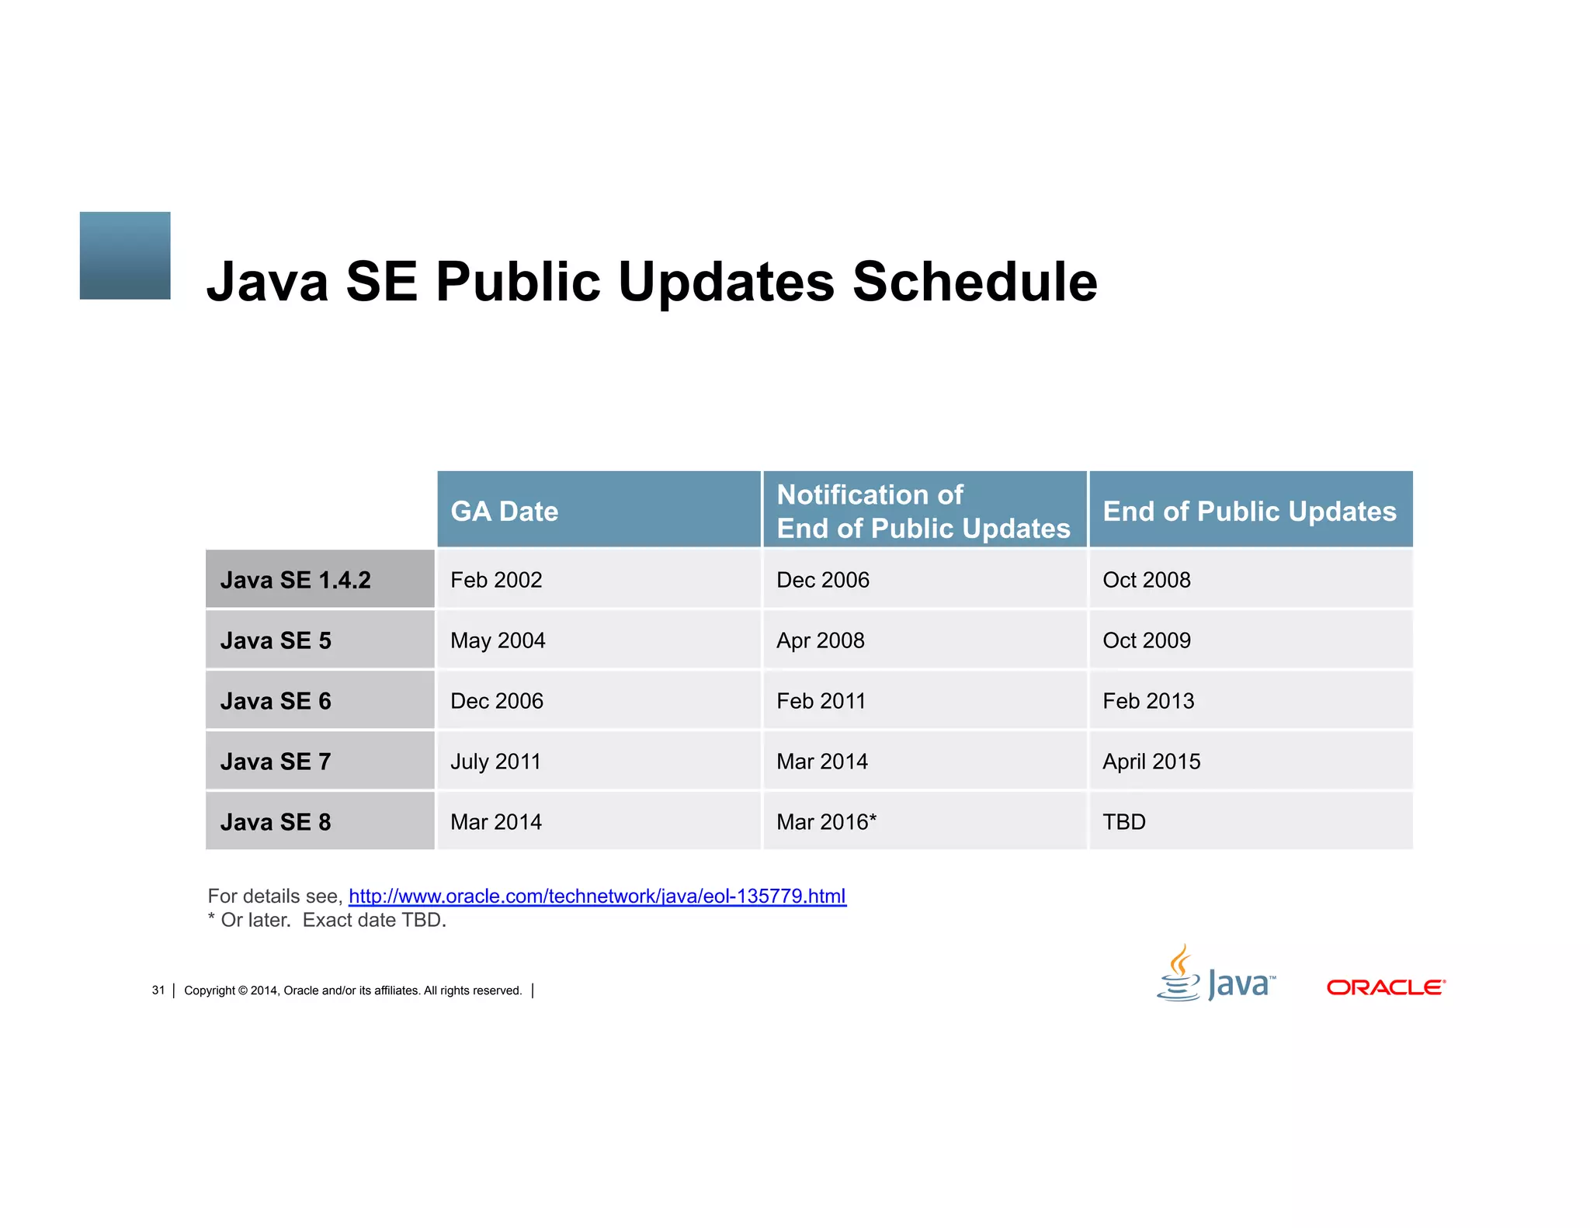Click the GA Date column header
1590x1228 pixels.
click(x=505, y=512)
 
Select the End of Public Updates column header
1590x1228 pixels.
click(x=1249, y=512)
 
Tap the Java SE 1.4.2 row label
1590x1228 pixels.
click(x=296, y=580)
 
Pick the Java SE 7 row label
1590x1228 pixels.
click(x=276, y=761)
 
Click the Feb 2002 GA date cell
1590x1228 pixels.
click(x=496, y=580)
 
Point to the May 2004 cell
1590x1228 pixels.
click(x=498, y=640)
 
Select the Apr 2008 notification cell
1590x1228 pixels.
click(x=821, y=640)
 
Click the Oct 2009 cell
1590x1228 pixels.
click(x=1147, y=640)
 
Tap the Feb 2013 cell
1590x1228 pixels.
click(x=1148, y=701)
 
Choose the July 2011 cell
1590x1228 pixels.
click(x=495, y=761)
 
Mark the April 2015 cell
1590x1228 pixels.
click(x=1151, y=761)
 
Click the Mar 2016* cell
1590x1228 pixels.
click(x=826, y=822)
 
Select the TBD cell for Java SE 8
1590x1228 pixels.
click(x=1124, y=822)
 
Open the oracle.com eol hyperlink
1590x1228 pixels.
click(x=597, y=897)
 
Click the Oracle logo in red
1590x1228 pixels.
click(x=1386, y=987)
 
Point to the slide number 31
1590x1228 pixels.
click(x=158, y=990)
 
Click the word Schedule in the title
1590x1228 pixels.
click(x=975, y=281)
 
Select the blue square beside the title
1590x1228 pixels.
click(x=125, y=255)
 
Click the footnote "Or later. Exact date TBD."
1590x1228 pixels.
click(x=328, y=921)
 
